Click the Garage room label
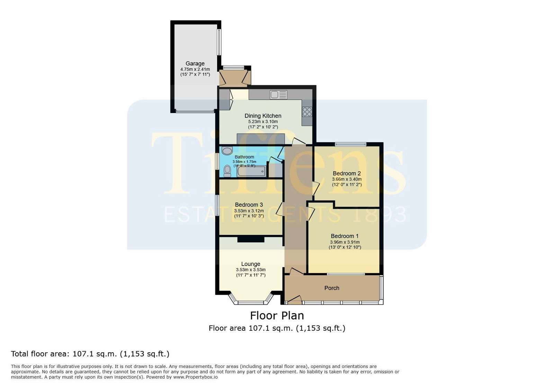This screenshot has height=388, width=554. (x=195, y=64)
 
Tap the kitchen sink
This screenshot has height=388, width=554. (x=278, y=95)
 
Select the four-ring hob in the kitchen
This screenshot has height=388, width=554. (x=307, y=112)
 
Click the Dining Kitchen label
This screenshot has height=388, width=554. (x=263, y=116)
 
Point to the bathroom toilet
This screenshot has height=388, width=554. (x=227, y=171)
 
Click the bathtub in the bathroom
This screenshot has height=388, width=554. (x=251, y=171)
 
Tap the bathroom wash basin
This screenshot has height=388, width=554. (x=227, y=151)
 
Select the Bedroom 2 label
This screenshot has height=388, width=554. (x=347, y=173)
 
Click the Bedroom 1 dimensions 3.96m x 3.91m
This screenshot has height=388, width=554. (x=345, y=242)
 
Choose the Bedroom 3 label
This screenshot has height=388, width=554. (x=249, y=205)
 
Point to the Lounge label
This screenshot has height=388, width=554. (x=251, y=264)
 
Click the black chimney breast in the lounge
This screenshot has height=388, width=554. (x=251, y=239)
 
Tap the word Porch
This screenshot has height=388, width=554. (x=332, y=288)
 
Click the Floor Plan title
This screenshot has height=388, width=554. (x=277, y=316)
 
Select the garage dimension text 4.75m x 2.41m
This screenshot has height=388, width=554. (x=195, y=69)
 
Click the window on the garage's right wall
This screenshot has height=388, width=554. (x=219, y=42)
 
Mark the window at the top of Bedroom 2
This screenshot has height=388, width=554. (x=351, y=144)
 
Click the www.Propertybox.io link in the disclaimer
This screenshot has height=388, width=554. (x=195, y=377)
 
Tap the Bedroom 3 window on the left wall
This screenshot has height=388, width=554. (x=217, y=205)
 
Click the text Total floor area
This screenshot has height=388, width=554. (x=40, y=354)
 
